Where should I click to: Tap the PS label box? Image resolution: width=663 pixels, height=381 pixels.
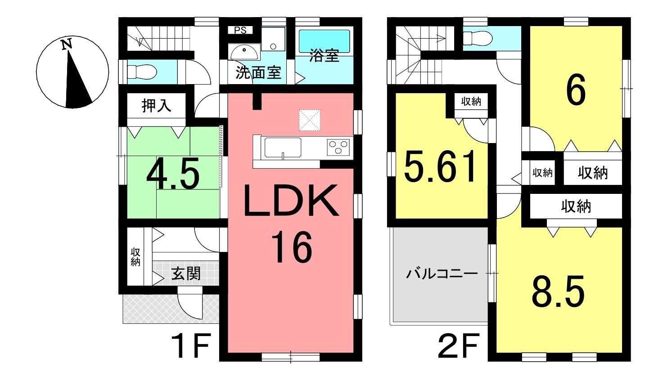point(240,30)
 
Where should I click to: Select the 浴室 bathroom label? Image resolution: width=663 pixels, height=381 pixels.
point(324,55)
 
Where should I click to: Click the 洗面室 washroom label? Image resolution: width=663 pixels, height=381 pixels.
point(258,72)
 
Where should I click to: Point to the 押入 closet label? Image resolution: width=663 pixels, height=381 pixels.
point(156,106)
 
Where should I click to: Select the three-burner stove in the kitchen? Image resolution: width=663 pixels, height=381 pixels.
point(338,147)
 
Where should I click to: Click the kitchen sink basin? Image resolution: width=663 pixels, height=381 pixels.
point(283,147)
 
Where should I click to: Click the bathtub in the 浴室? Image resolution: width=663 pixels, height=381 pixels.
point(324,41)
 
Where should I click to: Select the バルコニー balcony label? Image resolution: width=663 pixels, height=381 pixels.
point(442,274)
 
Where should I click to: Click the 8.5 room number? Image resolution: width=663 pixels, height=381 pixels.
point(558,291)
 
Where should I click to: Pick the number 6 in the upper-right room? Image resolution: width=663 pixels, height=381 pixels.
point(576,90)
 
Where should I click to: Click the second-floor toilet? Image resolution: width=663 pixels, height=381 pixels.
point(478,38)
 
